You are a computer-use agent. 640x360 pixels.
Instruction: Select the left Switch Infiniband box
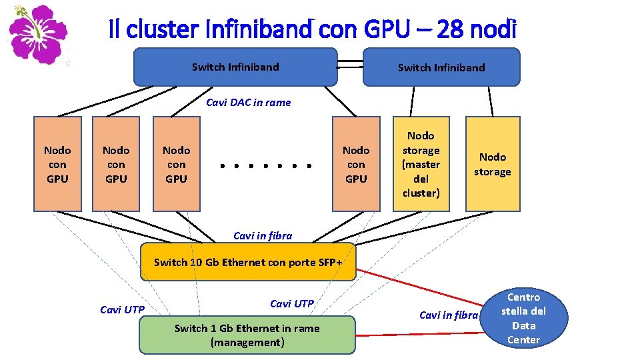[235, 67]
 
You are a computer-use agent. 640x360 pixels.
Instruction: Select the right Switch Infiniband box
[441, 67]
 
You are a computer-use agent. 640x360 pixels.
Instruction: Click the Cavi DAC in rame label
[248, 102]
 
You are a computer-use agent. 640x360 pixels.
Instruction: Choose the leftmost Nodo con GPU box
[57, 164]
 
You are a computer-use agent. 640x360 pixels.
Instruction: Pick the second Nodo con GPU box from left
[116, 164]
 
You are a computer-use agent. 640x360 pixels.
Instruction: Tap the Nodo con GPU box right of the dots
[356, 164]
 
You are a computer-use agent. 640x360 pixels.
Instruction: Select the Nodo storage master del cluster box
[421, 164]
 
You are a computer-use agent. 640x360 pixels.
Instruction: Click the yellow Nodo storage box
[492, 164]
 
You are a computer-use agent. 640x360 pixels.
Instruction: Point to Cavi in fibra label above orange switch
[262, 235]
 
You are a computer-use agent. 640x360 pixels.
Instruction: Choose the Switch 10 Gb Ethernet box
[248, 262]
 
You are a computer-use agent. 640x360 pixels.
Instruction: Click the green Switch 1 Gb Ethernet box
[247, 335]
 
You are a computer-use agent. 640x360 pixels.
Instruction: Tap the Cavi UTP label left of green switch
[121, 309]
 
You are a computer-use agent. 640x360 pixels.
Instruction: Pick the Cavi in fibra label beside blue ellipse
[448, 315]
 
